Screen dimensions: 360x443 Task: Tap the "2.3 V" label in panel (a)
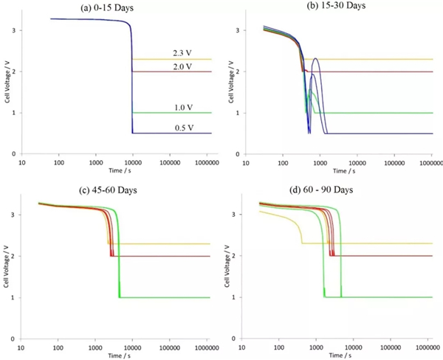[182, 52]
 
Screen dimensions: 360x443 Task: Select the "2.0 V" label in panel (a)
[182, 66]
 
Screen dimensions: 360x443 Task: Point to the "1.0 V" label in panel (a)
[182, 108]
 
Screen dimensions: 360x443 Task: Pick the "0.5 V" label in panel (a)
[182, 128]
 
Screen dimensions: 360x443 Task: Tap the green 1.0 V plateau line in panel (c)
[162, 297]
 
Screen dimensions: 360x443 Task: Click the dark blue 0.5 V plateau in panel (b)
[384, 134]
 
